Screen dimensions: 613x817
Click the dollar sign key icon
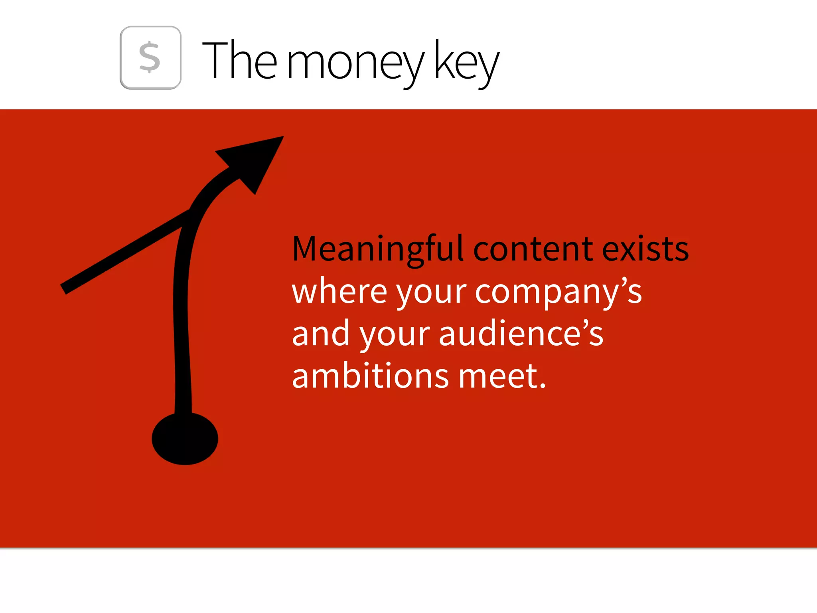tap(150, 58)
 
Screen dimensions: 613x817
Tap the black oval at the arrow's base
tap(185, 439)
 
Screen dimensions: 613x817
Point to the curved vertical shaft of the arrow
tap(182, 319)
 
